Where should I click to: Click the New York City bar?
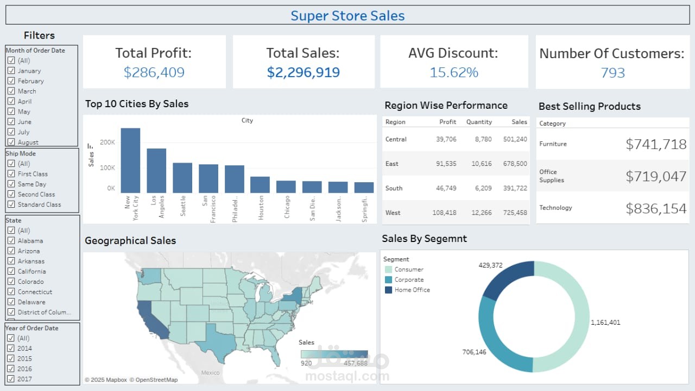point(130,160)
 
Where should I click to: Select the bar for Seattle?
point(182,178)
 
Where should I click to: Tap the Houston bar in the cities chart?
point(260,185)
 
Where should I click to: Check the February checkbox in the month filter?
point(11,81)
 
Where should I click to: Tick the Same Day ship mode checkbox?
point(11,184)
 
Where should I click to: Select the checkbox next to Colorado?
point(11,282)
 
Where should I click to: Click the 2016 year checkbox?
point(11,369)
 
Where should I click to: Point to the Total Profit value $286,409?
point(154,72)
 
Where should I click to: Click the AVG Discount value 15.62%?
point(454,72)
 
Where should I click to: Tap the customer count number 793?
point(613,73)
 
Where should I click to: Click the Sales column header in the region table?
point(519,122)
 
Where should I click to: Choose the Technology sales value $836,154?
point(656,208)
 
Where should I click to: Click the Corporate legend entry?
point(409,280)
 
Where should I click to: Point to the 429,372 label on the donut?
point(490,265)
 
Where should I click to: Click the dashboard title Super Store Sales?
point(347,16)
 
